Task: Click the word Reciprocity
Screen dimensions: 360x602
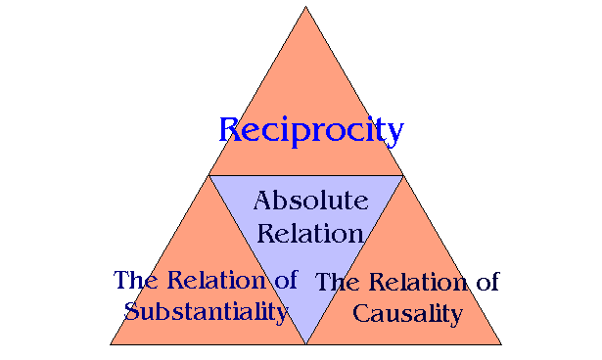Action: pyautogui.click(x=310, y=130)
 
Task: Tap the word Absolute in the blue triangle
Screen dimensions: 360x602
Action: pyautogui.click(x=310, y=202)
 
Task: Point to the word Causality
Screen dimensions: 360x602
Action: pyautogui.click(x=406, y=314)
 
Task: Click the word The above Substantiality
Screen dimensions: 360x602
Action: pyautogui.click(x=134, y=280)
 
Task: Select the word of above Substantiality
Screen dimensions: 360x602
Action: pyautogui.click(x=284, y=280)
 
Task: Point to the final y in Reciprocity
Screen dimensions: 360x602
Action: pyautogui.click(x=394, y=134)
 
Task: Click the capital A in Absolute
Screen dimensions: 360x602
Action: pyautogui.click(x=262, y=202)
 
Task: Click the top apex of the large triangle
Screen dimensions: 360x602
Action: pyautogui.click(x=305, y=7)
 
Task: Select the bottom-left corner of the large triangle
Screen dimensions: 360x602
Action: pyautogui.click(x=110, y=344)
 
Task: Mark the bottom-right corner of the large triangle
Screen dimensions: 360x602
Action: pyautogui.click(x=501, y=344)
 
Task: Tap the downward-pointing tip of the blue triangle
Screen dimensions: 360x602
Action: pyautogui.click(x=305, y=343)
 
